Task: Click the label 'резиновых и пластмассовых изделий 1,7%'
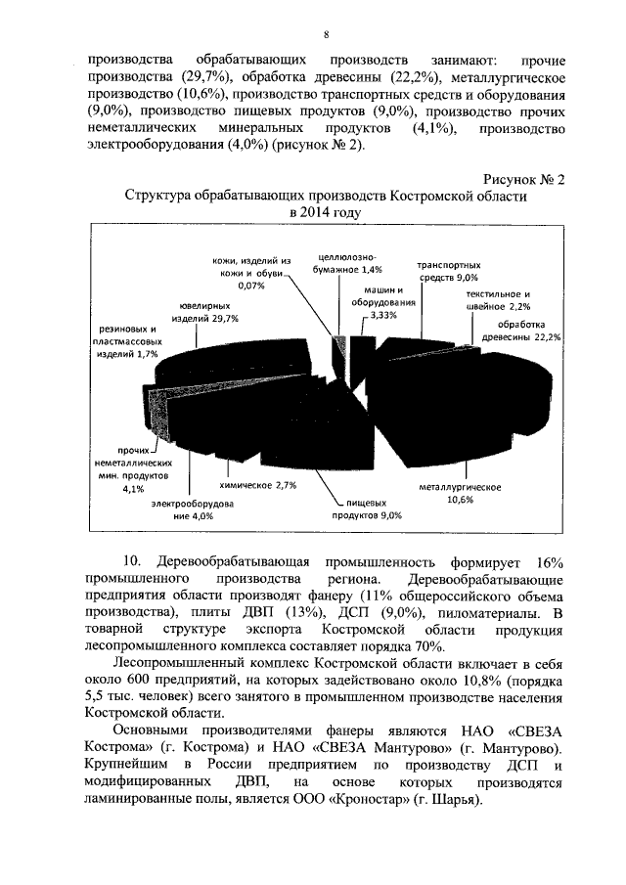click(128, 340)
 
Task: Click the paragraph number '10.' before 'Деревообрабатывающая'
click(130, 561)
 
